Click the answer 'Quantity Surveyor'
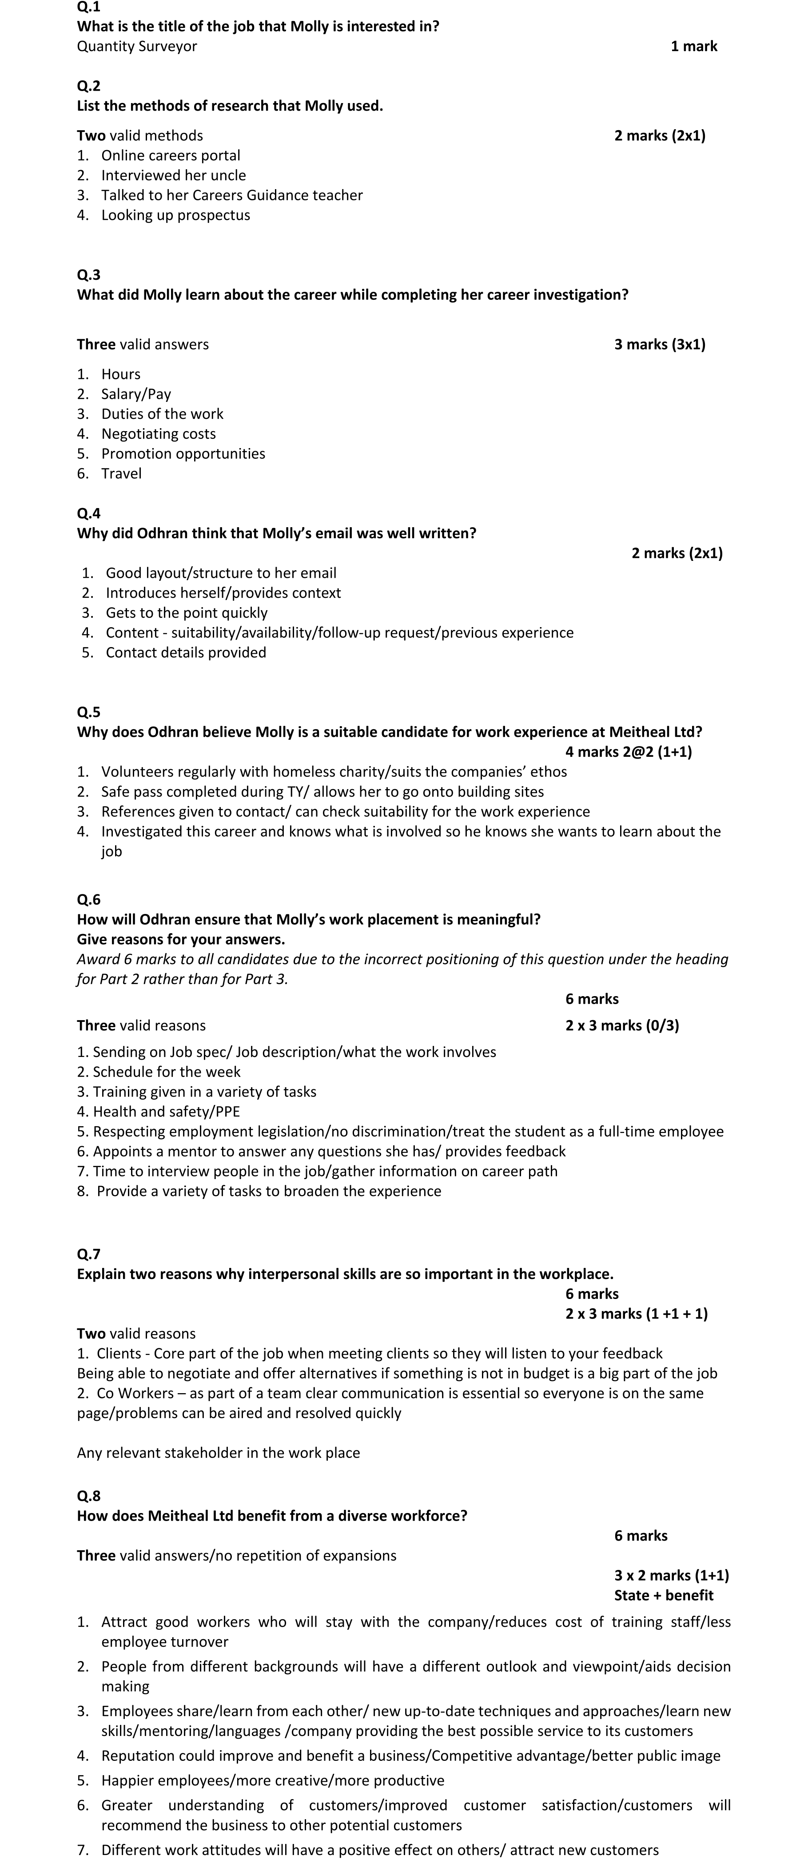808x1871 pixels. [x=137, y=47]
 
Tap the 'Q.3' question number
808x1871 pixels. [x=89, y=274]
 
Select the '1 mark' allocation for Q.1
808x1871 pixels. [x=693, y=47]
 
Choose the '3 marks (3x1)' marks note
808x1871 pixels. [x=659, y=344]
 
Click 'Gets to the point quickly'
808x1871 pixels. [x=186, y=613]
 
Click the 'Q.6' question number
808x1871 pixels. [x=89, y=900]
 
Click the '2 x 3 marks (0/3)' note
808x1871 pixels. [x=622, y=1025]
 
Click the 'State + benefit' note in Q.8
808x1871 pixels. [x=663, y=1595]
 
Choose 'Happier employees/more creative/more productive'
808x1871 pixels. [x=272, y=1780]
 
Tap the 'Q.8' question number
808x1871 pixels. [x=89, y=1495]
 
